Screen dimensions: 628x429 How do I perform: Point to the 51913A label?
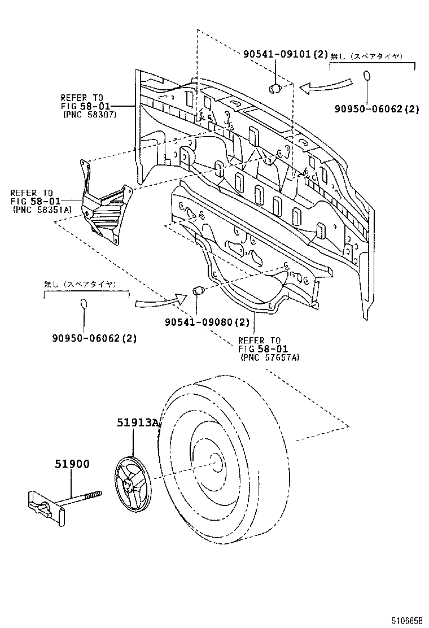click(x=137, y=422)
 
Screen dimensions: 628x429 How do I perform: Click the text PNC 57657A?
click(x=270, y=357)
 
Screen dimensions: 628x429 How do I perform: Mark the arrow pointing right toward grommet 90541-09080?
click(x=160, y=300)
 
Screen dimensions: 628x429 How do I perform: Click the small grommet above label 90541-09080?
click(x=198, y=291)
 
